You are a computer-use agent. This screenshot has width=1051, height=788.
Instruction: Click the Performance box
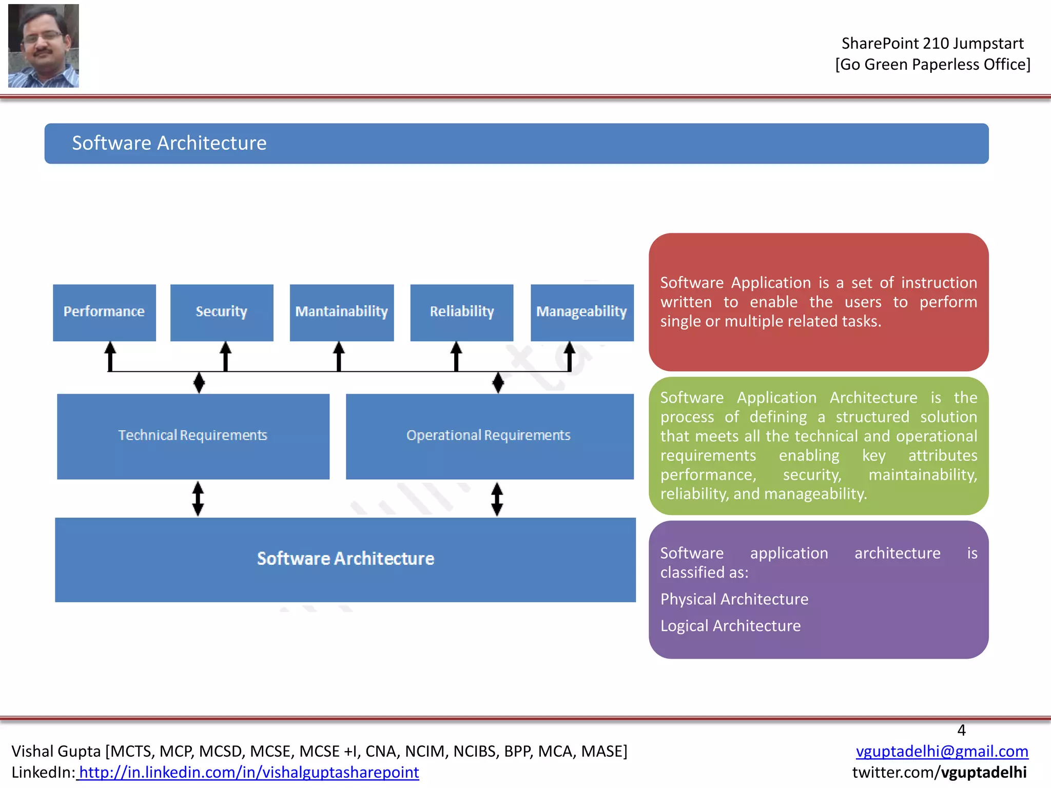(x=104, y=312)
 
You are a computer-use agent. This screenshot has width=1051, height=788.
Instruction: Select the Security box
(x=222, y=312)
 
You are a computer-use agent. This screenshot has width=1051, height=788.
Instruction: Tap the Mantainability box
(x=342, y=312)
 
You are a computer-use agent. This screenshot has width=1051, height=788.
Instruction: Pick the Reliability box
(x=462, y=312)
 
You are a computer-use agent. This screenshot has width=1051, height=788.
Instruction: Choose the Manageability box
(x=582, y=312)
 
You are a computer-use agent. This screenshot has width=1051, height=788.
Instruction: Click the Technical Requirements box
(x=193, y=436)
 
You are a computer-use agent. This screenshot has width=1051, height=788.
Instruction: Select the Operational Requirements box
(x=490, y=436)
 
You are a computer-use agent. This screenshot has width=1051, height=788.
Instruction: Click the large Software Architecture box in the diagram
(x=345, y=559)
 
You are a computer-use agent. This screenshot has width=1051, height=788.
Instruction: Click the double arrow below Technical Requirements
(x=198, y=498)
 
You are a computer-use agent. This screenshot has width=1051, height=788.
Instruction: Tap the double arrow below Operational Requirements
(x=497, y=498)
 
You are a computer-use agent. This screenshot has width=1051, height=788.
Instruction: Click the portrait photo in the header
(x=44, y=46)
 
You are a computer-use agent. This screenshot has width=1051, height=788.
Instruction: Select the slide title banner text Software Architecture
(x=169, y=143)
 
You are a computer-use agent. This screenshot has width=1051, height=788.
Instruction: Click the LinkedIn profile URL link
(x=248, y=772)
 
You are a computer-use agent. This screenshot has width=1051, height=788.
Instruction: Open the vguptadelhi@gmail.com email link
(x=942, y=751)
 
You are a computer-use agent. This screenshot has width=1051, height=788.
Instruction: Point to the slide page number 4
(x=961, y=730)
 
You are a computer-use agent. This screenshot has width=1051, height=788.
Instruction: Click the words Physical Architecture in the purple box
(x=734, y=599)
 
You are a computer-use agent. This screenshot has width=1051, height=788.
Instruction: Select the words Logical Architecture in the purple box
(x=730, y=626)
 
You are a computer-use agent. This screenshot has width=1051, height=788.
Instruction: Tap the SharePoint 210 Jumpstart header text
(x=932, y=44)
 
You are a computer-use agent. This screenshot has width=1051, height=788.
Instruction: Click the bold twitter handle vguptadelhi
(x=983, y=772)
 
